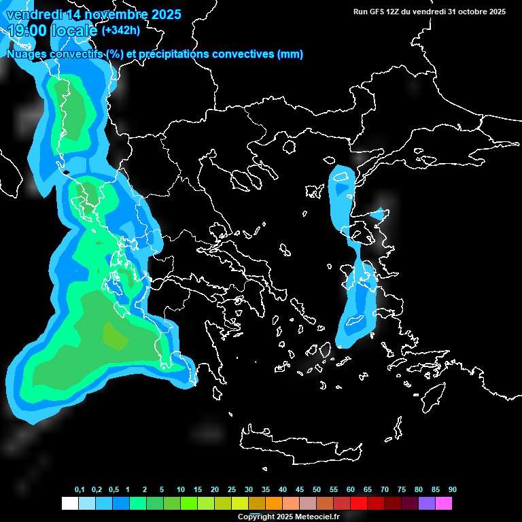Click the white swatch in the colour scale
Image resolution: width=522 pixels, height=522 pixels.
69,503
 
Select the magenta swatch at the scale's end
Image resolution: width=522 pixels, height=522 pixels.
444,503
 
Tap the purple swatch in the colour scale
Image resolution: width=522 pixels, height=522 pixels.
427,503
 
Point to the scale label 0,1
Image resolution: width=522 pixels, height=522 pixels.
79,490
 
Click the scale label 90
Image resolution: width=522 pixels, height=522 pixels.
452,490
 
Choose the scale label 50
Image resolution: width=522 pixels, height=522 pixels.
317,490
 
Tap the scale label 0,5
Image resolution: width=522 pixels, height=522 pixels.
113,490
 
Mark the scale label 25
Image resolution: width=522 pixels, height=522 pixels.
232,490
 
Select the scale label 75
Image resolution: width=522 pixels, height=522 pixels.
402,490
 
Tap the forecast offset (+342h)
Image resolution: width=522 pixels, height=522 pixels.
121,31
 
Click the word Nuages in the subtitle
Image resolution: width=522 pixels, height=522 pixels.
26,54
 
